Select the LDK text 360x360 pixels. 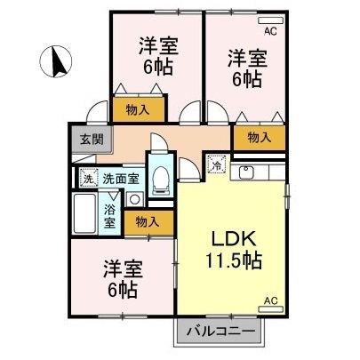click(233, 238)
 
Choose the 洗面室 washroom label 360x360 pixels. click(120, 178)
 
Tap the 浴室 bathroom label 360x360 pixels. click(109, 217)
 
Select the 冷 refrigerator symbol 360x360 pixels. click(217, 164)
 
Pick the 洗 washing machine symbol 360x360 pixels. click(88, 178)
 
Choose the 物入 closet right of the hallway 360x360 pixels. click(259, 138)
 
